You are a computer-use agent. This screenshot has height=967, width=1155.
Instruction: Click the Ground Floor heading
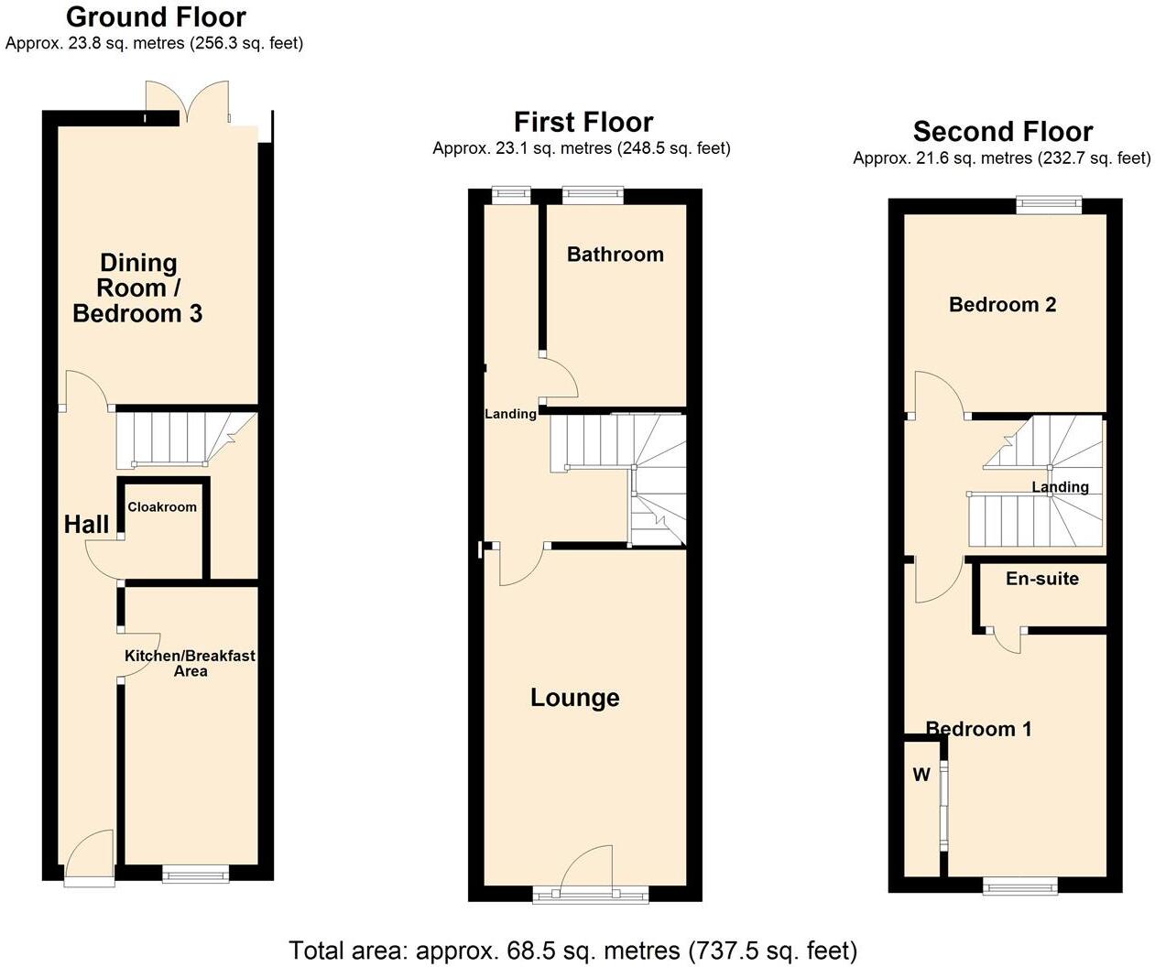coord(156,17)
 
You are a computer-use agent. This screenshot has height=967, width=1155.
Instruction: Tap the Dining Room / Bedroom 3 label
coord(137,288)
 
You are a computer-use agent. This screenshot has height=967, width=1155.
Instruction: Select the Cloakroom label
coord(162,506)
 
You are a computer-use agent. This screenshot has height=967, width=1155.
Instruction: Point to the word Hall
coord(86,525)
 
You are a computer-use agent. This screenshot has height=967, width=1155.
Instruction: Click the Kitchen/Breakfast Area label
coord(190,663)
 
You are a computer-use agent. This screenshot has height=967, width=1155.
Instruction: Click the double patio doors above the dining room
coord(187,102)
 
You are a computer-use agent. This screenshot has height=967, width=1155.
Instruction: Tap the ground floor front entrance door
coord(91,853)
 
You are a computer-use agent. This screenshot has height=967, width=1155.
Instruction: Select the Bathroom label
coord(615,255)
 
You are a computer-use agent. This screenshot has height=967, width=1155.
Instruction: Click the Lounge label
coord(575,698)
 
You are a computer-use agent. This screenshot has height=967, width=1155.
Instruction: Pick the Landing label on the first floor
coord(510,414)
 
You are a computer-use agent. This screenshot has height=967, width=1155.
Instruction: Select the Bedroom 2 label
coord(1002,305)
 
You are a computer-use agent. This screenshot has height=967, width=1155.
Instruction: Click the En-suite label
coord(1041,579)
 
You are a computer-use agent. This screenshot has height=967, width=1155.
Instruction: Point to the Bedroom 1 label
coord(978,729)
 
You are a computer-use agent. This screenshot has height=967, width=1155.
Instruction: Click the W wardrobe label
coord(921,775)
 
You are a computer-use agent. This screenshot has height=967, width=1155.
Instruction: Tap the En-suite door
coord(1008,640)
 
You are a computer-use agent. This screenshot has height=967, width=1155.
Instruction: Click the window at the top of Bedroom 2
coord(1049,205)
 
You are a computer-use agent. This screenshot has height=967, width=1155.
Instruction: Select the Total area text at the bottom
coord(573,950)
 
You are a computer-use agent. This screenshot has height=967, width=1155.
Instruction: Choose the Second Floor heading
coord(1003,132)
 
